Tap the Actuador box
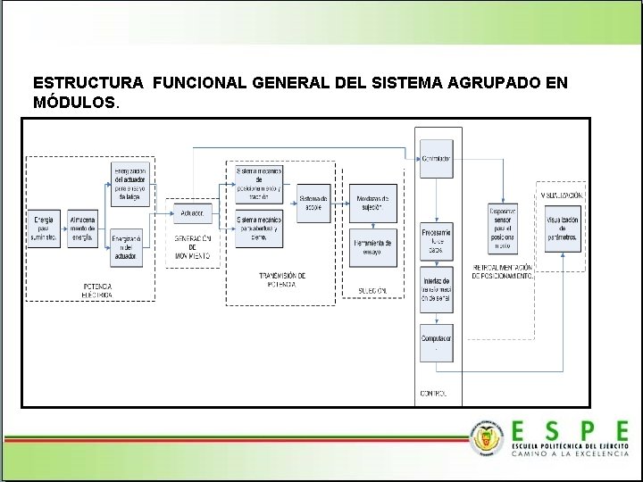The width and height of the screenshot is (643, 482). click(x=191, y=213)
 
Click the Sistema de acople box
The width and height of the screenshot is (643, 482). click(x=313, y=202)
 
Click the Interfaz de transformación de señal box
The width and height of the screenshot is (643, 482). click(x=437, y=289)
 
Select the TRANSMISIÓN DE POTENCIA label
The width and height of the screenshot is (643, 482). click(x=283, y=280)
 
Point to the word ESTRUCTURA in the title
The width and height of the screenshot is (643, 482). click(x=88, y=82)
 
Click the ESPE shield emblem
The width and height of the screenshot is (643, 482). click(x=486, y=437)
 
